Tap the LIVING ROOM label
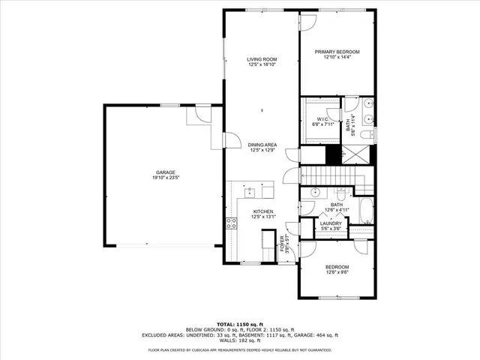(x=262, y=58)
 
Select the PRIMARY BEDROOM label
(x=337, y=52)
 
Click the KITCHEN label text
(x=262, y=212)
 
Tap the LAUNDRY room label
(x=331, y=223)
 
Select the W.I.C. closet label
(x=323, y=119)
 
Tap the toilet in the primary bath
(x=367, y=135)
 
